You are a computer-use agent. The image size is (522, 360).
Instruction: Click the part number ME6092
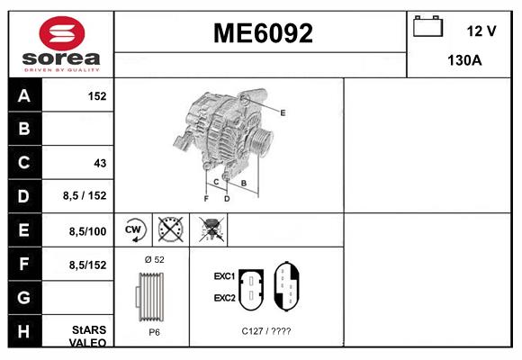coord(262,34)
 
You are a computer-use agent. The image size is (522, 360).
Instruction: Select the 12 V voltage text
coord(481,31)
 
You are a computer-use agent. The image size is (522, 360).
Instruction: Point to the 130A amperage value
coord(465,61)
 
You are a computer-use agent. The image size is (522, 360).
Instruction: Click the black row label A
coord(24,95)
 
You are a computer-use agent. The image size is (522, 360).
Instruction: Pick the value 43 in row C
coord(100,164)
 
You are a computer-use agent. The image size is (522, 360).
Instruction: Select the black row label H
coord(24,330)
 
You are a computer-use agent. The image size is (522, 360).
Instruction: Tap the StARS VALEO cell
coord(88,336)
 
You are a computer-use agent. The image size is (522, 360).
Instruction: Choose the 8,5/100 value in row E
coord(88,231)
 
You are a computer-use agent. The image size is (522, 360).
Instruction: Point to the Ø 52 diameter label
coord(154,259)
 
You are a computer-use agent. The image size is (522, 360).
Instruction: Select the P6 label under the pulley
coord(154,331)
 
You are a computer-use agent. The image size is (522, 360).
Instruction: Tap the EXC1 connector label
coord(224,276)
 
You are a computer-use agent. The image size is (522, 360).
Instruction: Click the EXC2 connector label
coord(224,297)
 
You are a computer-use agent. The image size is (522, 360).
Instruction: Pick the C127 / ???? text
coord(266,331)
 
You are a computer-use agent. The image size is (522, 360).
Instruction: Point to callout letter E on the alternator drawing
coord(283,112)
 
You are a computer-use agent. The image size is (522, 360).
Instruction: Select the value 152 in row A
coord(98,95)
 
